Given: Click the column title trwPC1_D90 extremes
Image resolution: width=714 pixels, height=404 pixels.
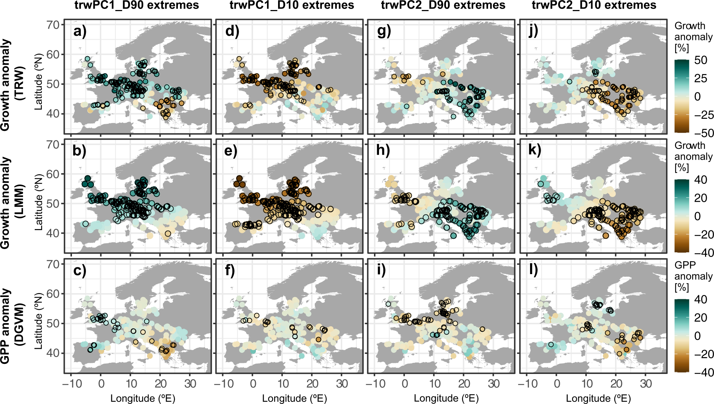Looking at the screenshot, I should point(137,5).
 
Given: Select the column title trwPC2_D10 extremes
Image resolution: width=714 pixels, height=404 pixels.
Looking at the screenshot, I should point(594,5).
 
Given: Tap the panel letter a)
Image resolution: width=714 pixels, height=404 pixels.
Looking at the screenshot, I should point(80,31).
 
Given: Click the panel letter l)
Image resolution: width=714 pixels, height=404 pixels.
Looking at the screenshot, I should point(534,270).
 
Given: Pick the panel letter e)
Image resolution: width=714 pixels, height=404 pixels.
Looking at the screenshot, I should point(231,151).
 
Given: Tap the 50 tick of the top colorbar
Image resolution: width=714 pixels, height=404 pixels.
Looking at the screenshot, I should point(700,60).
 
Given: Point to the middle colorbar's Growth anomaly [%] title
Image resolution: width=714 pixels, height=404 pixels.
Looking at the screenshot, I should point(693,156).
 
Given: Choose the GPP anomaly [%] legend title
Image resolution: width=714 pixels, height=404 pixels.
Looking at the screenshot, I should point(693,276).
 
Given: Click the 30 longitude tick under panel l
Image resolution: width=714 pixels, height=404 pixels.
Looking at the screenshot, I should point(646,384).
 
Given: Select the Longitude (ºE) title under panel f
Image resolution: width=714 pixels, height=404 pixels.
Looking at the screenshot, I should point(295,398).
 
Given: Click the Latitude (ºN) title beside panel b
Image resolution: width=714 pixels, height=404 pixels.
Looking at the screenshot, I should point(38,202).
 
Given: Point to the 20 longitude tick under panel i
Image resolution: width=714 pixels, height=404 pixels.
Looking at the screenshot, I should point(464,384).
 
